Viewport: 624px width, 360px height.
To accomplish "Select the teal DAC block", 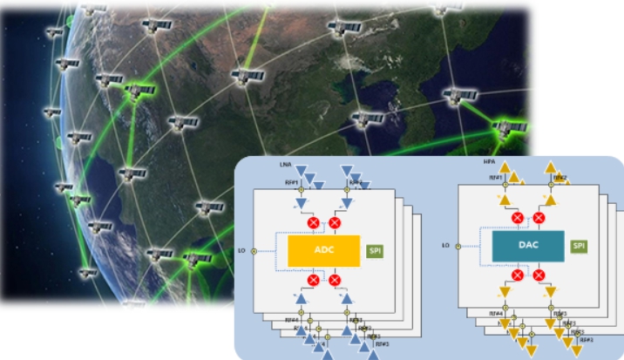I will pyautogui.click(x=528, y=246).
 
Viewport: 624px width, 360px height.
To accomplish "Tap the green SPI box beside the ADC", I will pyautogui.click(x=376, y=251).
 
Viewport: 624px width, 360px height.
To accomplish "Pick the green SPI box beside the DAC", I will pyautogui.click(x=579, y=247).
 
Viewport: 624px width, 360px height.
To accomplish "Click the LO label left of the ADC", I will pyautogui.click(x=241, y=251).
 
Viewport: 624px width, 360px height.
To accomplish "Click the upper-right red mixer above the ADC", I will pyautogui.click(x=334, y=222).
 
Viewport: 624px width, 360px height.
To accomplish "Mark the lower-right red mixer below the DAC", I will pyautogui.click(x=539, y=275).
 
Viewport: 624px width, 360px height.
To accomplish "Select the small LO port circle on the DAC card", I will pyautogui.click(x=459, y=246).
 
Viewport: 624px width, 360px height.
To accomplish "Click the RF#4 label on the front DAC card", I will pyautogui.click(x=492, y=312).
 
